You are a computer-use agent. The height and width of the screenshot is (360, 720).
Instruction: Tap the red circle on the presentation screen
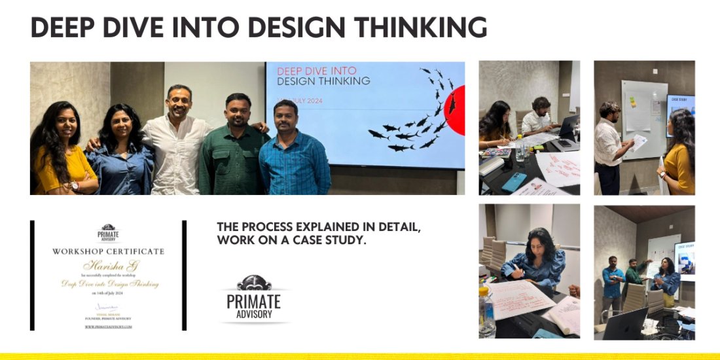(456, 109)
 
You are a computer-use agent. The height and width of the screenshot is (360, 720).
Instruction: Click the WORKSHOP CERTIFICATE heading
(108, 251)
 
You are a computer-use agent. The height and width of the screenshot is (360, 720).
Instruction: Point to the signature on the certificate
(108, 306)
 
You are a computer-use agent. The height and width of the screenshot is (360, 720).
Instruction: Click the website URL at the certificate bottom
(108, 326)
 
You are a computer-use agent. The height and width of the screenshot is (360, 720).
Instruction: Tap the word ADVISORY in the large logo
(254, 314)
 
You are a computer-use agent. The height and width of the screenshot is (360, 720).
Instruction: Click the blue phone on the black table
(514, 181)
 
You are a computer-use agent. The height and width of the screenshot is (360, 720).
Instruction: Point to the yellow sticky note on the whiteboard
(632, 101)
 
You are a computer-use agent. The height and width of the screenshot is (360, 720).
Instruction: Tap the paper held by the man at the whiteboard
(639, 142)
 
